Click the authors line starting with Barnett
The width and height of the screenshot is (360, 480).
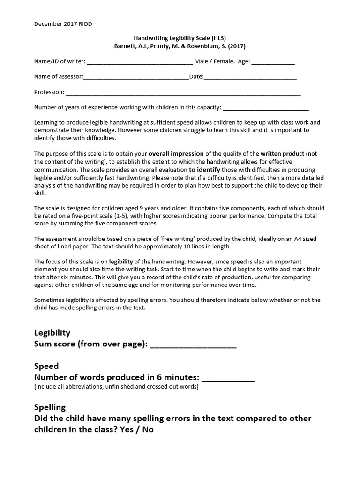180,46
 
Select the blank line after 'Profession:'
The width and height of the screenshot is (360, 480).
183,93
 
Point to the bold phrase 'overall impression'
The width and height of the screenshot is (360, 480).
176,153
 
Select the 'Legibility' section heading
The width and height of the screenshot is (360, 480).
52,333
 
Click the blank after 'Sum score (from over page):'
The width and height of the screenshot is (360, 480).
193,345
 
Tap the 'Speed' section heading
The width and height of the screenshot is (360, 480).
46,366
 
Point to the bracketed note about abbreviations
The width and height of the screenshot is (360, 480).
116,387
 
